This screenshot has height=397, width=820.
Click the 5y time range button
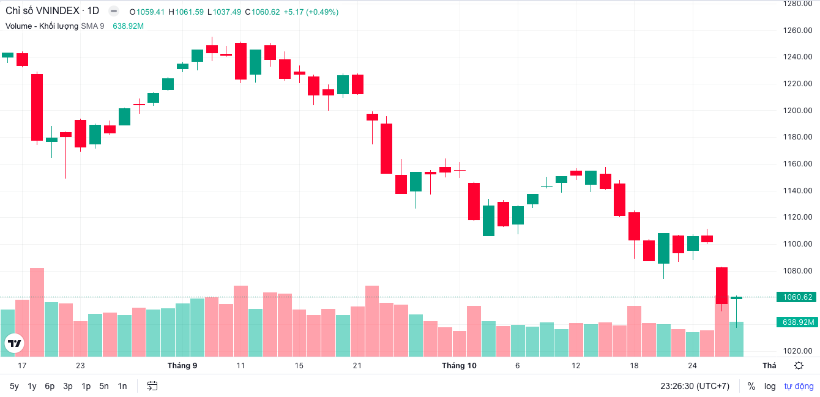click(14, 386)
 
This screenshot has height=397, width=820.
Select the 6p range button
click(50, 386)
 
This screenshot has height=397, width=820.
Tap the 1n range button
click(122, 386)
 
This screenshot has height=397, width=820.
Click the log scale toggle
click(770, 386)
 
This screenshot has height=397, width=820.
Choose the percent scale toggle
click(751, 386)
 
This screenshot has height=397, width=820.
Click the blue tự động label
click(799, 386)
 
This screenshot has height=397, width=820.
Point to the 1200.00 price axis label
click(797, 111)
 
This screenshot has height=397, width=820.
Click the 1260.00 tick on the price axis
click(797, 31)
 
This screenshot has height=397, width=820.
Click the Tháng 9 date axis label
click(182, 366)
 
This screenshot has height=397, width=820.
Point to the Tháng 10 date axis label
click(459, 366)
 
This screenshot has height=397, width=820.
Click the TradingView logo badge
click(15, 343)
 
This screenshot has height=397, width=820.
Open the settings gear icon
click(799, 366)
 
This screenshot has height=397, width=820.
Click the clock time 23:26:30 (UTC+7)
click(695, 386)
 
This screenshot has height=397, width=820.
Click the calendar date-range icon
click(152, 386)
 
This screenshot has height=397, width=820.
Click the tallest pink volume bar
click(37, 312)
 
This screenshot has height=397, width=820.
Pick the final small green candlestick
click(736, 298)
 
